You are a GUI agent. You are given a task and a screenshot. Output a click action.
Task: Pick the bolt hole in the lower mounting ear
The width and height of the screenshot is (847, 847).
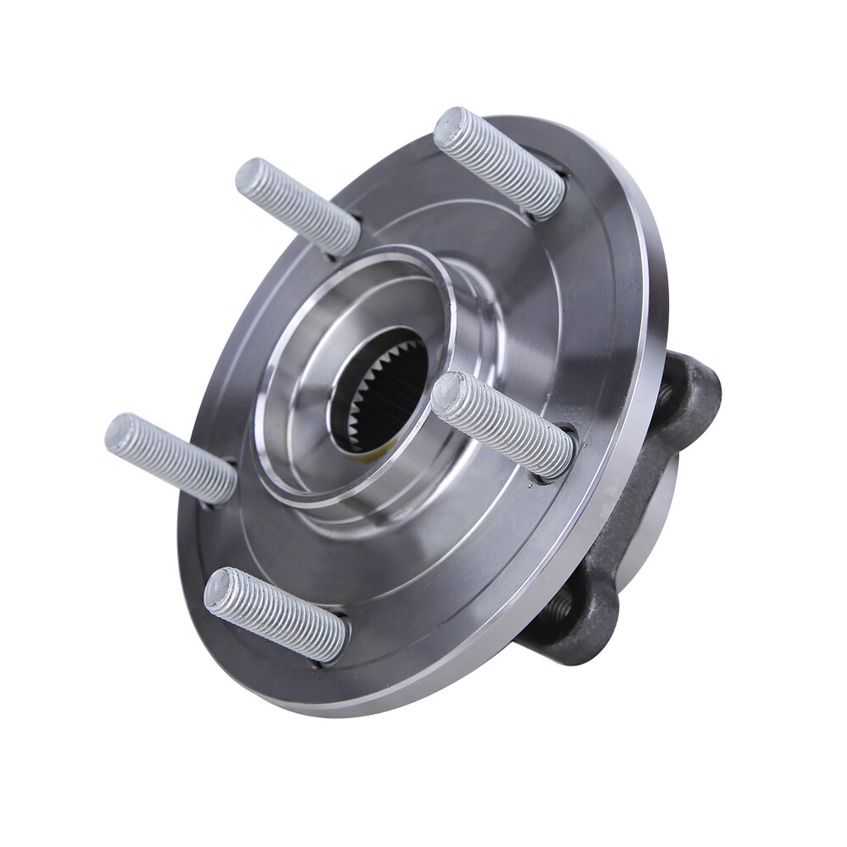point(560,605)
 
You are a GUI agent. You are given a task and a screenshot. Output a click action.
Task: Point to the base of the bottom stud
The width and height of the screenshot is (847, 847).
point(334,639)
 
